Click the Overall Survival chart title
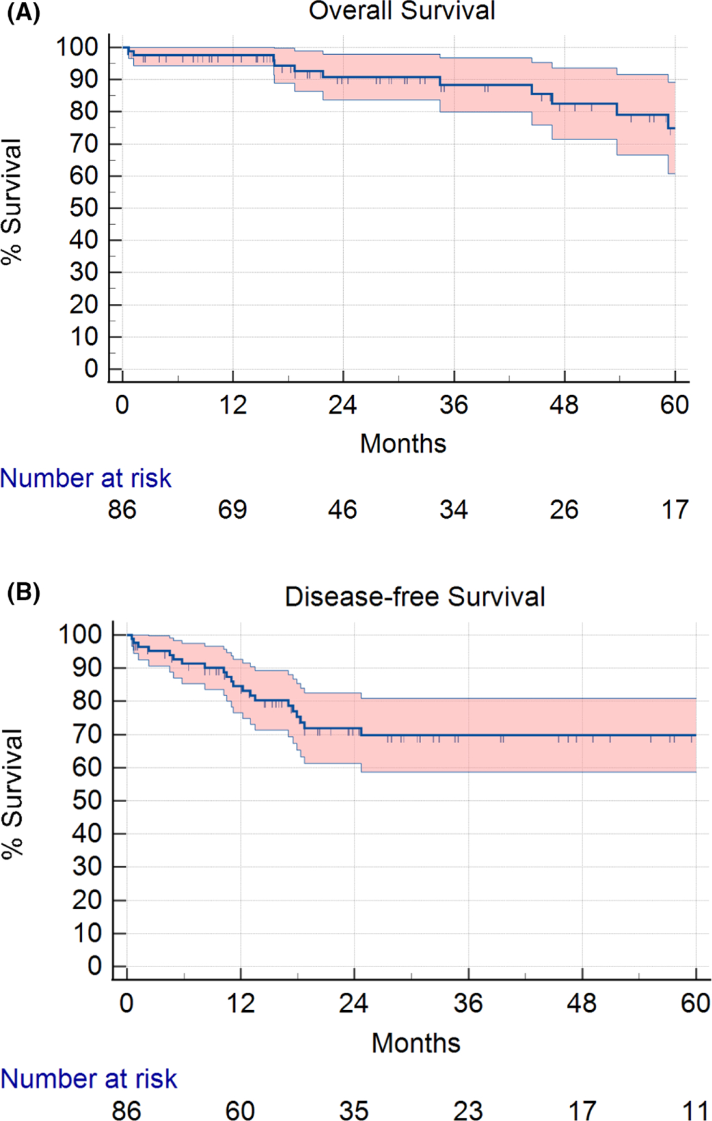402,11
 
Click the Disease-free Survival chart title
414,597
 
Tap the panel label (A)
23,12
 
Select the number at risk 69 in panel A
232,510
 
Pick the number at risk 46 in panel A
343,510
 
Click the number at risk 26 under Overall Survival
564,510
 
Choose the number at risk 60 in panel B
240,1110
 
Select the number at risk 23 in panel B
467,1110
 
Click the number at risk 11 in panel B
695,1110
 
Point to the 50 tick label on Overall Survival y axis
83,208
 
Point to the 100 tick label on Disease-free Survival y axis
80,635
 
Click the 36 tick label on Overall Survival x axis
453,405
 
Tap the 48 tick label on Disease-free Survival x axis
581,1003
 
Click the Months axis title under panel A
403,444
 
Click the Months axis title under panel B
415,1043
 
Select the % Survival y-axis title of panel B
12,794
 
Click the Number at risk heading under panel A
85,478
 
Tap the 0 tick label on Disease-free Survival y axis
94,966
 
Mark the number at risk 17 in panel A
675,510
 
